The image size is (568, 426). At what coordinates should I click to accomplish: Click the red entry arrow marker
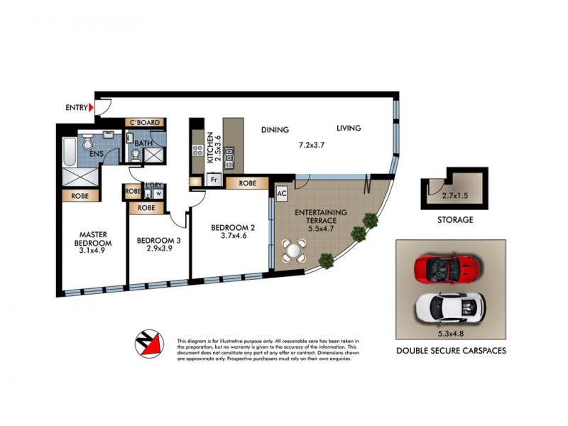point(90,108)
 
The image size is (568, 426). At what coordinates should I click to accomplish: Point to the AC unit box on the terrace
point(280,193)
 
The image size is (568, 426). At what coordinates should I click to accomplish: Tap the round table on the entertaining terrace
point(294,250)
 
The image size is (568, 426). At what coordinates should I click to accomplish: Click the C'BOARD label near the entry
point(145,123)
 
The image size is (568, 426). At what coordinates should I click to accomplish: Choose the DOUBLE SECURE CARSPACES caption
point(451,351)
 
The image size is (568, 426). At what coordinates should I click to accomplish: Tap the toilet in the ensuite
point(88,144)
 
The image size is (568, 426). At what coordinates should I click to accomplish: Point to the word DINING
point(275,130)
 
